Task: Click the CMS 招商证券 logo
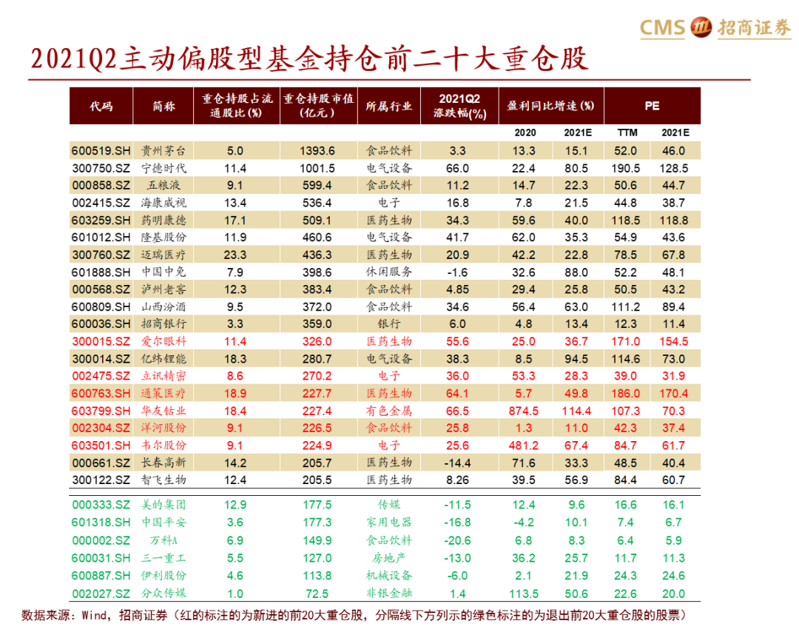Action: tap(715, 27)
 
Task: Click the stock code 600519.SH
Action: tap(101, 150)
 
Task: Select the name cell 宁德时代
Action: tap(163, 168)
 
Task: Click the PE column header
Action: tap(652, 106)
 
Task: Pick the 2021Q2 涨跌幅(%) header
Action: tap(459, 106)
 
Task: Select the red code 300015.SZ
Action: tap(101, 341)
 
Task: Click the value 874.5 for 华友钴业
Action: tap(524, 411)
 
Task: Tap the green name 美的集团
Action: tap(163, 505)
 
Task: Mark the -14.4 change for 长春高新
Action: tap(458, 463)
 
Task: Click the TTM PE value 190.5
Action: tap(626, 168)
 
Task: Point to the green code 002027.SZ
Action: tap(101, 593)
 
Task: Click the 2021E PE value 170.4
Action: tap(674, 393)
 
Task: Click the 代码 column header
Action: tap(101, 106)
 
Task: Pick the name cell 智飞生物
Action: tap(163, 480)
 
